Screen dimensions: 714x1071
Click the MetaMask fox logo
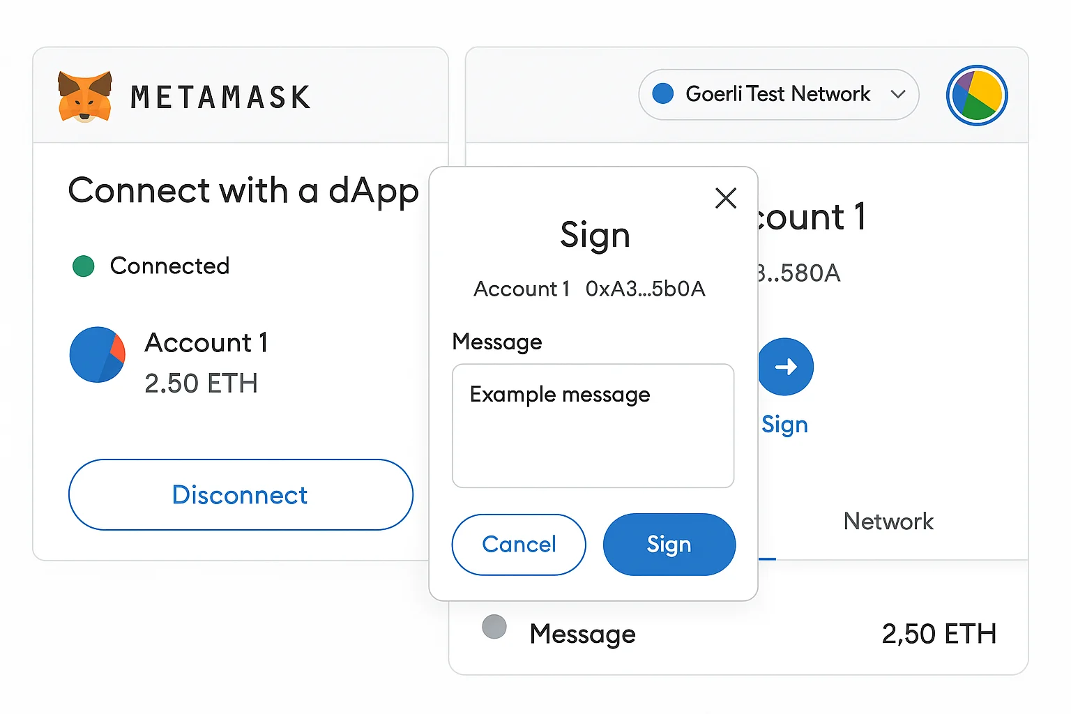pos(84,97)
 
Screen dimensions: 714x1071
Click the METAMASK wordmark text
pos(220,98)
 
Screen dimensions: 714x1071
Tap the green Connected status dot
pos(84,266)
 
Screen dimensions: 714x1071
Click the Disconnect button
pos(241,494)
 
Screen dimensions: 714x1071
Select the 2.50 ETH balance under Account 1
pos(201,383)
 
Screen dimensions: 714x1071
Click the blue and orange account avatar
pos(98,354)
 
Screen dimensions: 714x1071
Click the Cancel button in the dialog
pos(519,544)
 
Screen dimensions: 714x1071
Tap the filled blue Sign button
pos(669,544)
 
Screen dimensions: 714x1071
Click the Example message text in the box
pos(560,395)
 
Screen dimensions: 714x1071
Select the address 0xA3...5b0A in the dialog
pos(645,289)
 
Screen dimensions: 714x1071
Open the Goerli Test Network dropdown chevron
pos(898,94)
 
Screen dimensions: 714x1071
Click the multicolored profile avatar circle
pos(976,96)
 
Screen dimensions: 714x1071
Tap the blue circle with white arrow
pos(786,367)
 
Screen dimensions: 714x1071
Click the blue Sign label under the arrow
pos(784,424)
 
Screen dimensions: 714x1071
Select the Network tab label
pos(888,521)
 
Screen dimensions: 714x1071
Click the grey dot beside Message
pos(494,626)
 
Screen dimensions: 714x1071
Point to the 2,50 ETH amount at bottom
pos(939,634)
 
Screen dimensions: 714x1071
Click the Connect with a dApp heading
pos(243,190)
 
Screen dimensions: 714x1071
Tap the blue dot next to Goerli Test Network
pos(662,93)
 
